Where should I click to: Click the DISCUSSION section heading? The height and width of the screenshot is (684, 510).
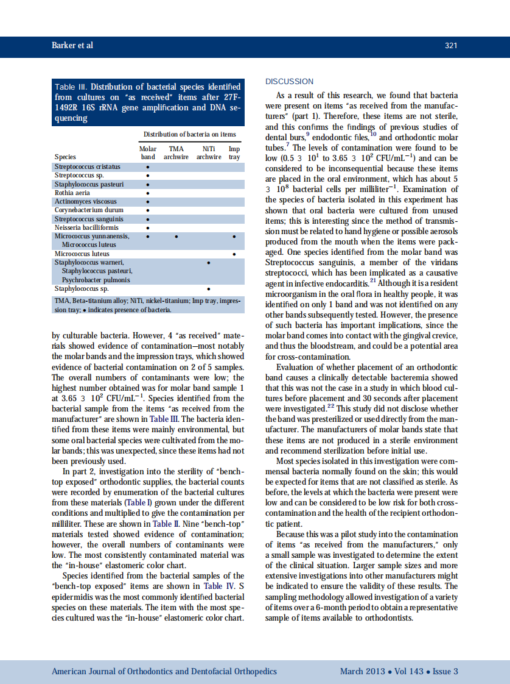tap(290, 82)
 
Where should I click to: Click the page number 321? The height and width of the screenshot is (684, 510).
tap(451, 46)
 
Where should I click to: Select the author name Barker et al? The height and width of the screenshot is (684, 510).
tap(72, 46)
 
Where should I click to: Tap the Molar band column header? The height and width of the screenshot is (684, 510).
tap(148, 152)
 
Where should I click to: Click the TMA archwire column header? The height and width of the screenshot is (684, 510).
tap(176, 152)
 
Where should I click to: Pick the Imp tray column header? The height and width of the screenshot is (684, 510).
tap(234, 152)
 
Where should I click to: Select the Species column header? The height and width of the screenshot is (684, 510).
tap(65, 157)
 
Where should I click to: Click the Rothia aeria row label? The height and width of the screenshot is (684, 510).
tap(73, 193)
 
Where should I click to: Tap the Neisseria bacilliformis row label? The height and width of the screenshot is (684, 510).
tap(86, 227)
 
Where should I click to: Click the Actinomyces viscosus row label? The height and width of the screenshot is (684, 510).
tap(85, 201)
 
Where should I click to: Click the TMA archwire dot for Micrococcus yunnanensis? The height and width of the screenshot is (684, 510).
tap(176, 237)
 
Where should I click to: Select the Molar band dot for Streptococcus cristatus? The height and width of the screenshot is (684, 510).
tap(148, 167)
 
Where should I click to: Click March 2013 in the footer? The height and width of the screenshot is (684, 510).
tap(362, 671)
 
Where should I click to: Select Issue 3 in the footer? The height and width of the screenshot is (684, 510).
tap(445, 671)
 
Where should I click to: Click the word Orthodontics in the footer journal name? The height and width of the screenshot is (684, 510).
tap(150, 671)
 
